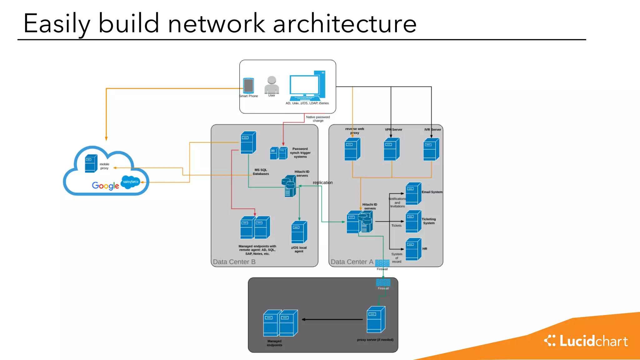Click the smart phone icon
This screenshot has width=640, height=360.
248,85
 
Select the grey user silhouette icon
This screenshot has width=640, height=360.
272,85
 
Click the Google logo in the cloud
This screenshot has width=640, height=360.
105,186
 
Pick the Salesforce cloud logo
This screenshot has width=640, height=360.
130,182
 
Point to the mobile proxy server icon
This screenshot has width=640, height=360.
91,163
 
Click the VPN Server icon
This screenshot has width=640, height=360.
392,149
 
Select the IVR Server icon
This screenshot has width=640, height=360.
431,149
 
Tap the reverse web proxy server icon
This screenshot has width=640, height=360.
352,149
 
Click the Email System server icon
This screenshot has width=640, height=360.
413,193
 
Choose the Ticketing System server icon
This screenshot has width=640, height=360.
413,221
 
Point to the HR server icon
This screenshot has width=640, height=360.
413,249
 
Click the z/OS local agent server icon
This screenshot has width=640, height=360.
299,232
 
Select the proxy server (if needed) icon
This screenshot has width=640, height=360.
376,320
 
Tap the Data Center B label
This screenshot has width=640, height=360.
234,262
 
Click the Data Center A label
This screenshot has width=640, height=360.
352,262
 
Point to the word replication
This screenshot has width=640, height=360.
322,182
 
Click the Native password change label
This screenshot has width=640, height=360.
318,119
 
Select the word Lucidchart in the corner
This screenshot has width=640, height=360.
593,341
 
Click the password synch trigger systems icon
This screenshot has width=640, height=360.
279,153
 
